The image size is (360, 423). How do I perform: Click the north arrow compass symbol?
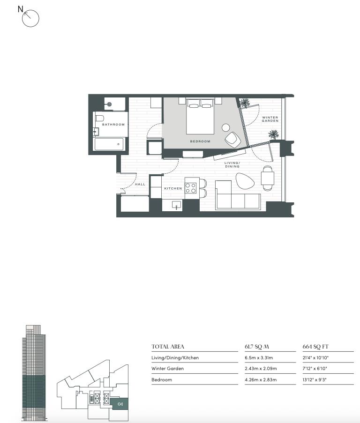click(x=30, y=18)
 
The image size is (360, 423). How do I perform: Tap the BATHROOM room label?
click(x=113, y=124)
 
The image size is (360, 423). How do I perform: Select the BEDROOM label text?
click(x=200, y=141)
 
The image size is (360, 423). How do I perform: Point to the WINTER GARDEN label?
click(x=270, y=119)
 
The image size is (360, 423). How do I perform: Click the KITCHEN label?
click(x=173, y=188)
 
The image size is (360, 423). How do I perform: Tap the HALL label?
click(x=140, y=184)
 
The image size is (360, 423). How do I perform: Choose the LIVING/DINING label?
click(x=232, y=164)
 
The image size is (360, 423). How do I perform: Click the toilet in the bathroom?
click(x=99, y=119)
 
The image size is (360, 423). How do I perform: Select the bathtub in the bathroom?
click(x=109, y=144)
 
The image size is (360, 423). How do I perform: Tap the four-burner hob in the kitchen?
click(x=190, y=188)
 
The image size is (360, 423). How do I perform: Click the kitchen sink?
click(x=177, y=205)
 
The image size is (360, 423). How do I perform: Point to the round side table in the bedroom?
click(x=225, y=127)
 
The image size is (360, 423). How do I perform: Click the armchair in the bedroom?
click(x=233, y=140)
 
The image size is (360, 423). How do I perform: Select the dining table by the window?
click(x=268, y=178)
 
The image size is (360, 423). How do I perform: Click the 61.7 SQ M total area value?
click(x=257, y=347)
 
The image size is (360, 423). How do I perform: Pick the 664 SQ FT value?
click(x=315, y=347)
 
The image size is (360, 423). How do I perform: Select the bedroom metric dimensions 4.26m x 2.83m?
click(x=261, y=379)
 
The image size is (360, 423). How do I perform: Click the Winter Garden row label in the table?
click(x=168, y=369)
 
